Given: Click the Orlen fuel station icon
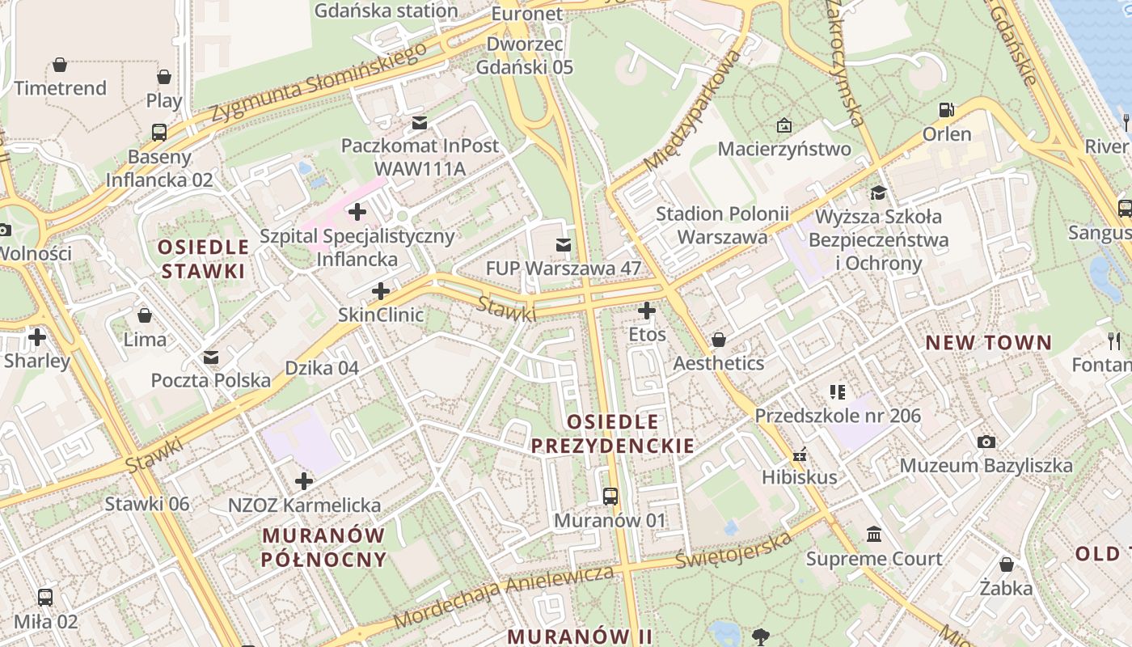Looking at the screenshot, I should click(946, 109).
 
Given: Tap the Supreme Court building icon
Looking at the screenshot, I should click(874, 535).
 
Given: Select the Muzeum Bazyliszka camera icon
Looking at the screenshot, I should click(986, 442).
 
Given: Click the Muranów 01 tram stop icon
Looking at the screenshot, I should click(610, 496).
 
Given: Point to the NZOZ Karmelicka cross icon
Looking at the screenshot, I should click(304, 481).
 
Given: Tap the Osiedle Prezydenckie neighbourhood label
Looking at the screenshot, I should click(612, 433).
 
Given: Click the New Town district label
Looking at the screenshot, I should click(988, 343).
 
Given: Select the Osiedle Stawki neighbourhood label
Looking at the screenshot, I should click(204, 259).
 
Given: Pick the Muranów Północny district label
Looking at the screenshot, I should click(324, 548).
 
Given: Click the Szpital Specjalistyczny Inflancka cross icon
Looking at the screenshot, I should click(357, 213).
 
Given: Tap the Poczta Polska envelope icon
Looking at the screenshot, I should click(211, 357).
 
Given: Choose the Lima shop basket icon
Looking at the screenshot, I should click(145, 315).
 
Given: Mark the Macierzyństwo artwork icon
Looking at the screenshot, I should click(784, 125).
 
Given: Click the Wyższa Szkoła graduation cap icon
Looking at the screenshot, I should click(878, 192).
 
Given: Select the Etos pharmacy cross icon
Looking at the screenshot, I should click(647, 310).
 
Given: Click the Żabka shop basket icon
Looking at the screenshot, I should click(1006, 564).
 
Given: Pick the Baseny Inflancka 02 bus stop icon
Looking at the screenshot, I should click(159, 133).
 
